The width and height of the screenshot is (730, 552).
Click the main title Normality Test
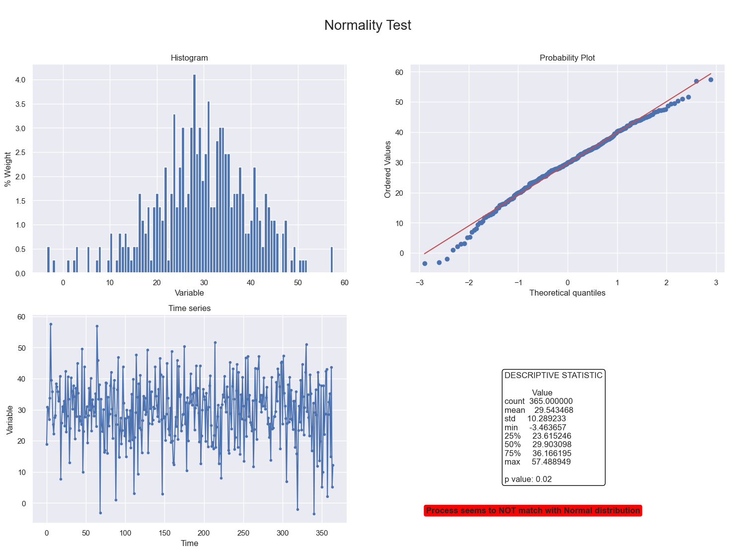(367, 25)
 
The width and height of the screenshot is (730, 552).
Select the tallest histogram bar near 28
(194, 174)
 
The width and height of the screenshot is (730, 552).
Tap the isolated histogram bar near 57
(331, 260)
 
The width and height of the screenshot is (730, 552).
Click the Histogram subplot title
(189, 58)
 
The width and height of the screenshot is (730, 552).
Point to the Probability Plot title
(567, 58)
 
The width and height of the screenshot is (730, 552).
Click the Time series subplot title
(189, 308)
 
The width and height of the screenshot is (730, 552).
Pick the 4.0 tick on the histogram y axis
(20, 80)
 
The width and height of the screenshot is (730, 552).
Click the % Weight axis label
(7, 169)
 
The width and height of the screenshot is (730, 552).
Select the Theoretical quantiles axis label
(567, 293)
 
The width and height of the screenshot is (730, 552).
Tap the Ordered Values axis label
(387, 169)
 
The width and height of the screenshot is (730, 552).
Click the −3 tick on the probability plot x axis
(419, 283)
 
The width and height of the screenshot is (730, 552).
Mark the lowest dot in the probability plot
(425, 263)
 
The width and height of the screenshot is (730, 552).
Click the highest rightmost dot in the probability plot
(711, 79)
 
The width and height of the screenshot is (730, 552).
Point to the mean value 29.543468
(553, 410)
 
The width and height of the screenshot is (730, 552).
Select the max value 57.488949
(551, 462)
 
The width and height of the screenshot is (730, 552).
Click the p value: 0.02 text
(528, 479)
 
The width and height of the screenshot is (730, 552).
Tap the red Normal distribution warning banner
(533, 510)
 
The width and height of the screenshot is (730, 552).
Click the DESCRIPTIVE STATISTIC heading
(553, 375)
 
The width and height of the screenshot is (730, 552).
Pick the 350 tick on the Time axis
(322, 533)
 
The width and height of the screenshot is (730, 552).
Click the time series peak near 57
(51, 324)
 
